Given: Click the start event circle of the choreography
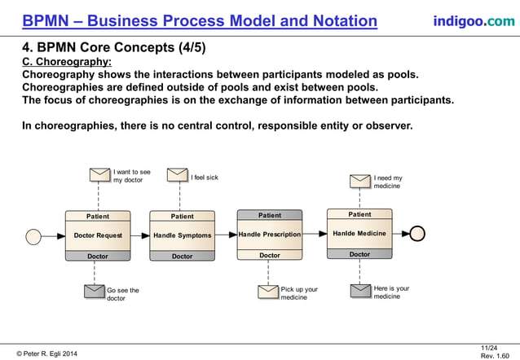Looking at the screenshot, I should [x=33, y=236].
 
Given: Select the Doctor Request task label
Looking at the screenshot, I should [x=98, y=235].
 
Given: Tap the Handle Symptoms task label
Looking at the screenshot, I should [x=183, y=235].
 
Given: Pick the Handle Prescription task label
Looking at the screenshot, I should [x=270, y=235].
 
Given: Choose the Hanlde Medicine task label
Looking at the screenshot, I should [x=359, y=234].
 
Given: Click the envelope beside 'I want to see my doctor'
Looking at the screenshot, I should [x=99, y=175].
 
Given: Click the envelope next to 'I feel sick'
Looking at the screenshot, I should [x=178, y=175].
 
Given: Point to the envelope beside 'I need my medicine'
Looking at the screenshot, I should [x=360, y=181].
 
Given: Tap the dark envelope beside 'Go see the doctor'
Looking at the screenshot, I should [x=95, y=292].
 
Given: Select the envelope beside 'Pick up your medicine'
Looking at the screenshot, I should [x=268, y=292].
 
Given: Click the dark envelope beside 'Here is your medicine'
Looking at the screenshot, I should [x=361, y=291].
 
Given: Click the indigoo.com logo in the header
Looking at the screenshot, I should [x=474, y=20].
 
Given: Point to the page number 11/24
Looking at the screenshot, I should [x=489, y=348].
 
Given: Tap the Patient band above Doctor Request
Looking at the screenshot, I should [x=98, y=216].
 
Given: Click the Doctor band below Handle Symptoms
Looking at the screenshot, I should [x=183, y=256].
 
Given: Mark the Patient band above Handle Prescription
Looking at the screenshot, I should [x=270, y=215].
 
